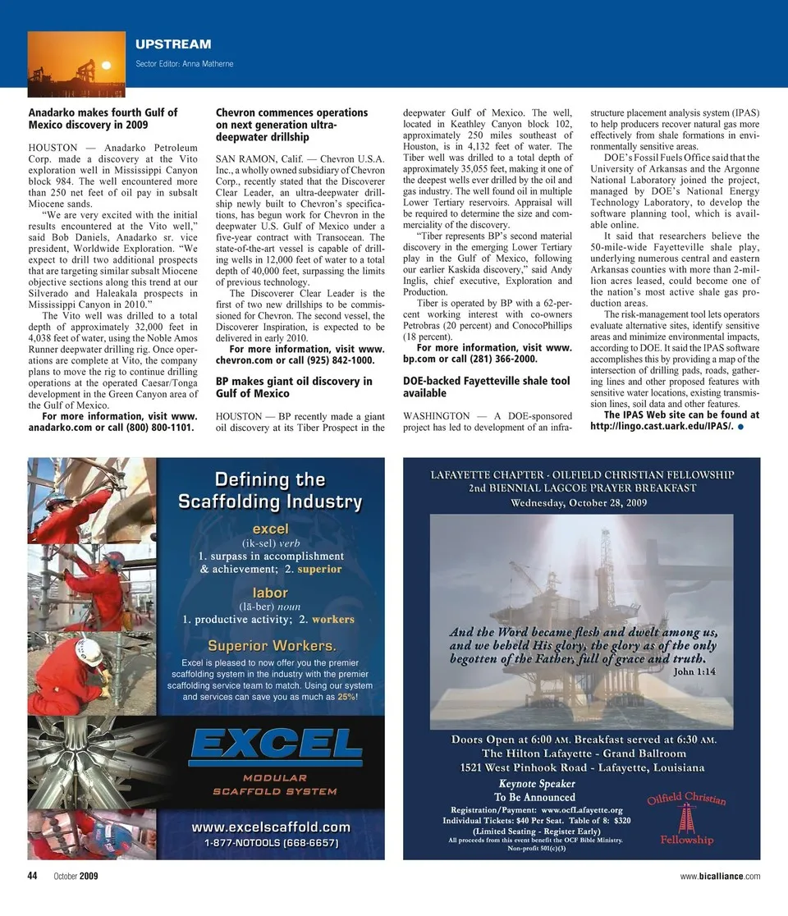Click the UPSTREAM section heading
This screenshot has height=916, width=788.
172,44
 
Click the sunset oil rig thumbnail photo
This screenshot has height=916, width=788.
76,59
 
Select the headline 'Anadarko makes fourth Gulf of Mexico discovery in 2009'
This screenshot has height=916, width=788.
103,119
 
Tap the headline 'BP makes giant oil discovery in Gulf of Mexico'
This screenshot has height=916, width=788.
293,387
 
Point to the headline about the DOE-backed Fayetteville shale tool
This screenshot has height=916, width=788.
486,387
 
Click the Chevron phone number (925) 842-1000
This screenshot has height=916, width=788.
335,360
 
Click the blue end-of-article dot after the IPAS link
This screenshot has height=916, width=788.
740,427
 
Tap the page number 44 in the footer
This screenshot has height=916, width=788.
33,876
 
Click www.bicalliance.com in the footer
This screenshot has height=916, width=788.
720,877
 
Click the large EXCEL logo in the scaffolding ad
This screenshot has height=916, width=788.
276,746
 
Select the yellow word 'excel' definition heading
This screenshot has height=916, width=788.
270,529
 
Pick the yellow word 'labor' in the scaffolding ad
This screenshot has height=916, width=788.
270,592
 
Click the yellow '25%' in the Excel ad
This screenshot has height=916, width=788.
347,697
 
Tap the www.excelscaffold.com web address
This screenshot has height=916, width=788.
271,827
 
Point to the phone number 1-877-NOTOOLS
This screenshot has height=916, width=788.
271,843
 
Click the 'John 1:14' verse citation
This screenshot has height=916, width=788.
694,671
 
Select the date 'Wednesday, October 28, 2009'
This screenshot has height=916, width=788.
582,502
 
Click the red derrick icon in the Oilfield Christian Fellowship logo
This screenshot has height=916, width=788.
682,817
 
